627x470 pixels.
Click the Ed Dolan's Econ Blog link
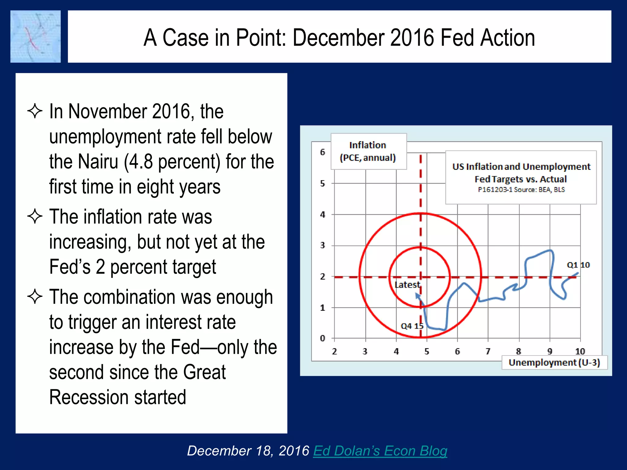click(380, 451)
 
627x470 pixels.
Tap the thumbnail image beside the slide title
click(36, 37)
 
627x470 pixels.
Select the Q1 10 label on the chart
click(578, 265)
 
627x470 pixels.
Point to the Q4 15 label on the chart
click(412, 326)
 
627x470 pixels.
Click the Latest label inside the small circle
click(407, 285)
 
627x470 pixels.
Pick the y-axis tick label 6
click(322, 152)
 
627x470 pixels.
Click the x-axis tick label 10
click(580, 351)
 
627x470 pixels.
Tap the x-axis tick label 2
click(334, 351)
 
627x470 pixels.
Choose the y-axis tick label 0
click(322, 338)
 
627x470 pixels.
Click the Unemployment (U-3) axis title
click(554, 363)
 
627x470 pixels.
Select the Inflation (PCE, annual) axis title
click(368, 151)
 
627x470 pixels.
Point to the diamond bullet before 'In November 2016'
click(35, 111)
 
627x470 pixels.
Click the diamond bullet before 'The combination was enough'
click(35, 297)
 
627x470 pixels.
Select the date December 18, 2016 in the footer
click(248, 451)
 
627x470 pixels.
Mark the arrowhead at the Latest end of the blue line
click(417, 295)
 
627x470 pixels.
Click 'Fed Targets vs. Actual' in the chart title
click(520, 179)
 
